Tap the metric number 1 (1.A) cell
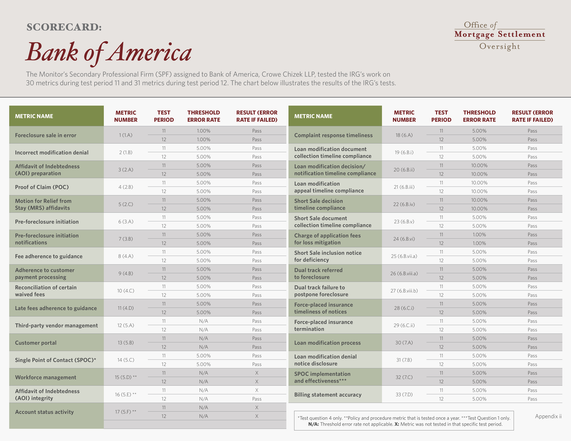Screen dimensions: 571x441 [x=126, y=135]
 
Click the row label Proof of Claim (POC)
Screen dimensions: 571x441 [x=42, y=187]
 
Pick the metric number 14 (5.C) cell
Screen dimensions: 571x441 [x=126, y=360]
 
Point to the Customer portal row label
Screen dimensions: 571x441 [x=36, y=343]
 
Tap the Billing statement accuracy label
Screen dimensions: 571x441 [x=328, y=394]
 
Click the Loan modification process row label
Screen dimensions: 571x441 [x=327, y=343]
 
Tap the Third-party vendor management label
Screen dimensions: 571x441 [x=56, y=325]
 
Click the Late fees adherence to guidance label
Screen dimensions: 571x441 [x=56, y=308]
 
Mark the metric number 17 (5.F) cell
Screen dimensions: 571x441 [x=126, y=412]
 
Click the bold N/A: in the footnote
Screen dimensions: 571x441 [x=314, y=424]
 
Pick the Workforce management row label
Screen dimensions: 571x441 [x=46, y=377]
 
